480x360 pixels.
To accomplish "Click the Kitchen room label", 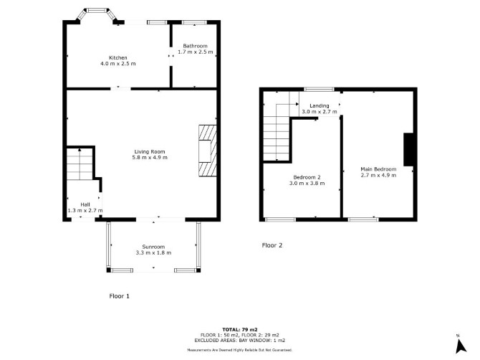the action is tap(118, 57).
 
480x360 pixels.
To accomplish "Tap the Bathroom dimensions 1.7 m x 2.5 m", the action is tap(196, 52).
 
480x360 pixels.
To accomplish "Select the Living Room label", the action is tap(150, 151).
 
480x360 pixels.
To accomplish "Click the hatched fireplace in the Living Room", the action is tap(208, 151).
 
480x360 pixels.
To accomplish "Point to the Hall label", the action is tap(85, 204).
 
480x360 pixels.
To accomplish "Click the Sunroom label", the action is tap(153, 247).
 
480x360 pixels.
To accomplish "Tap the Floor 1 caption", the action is tap(120, 296).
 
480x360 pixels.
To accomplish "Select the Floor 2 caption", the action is tap(272, 245).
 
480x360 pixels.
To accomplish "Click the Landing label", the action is tap(320, 105).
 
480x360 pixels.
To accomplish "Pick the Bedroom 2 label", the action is tap(307, 177).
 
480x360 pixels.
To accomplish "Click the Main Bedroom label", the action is tap(378, 169).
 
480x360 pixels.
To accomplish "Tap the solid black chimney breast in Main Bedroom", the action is tap(408, 149).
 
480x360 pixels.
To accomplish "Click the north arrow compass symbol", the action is tap(460, 346).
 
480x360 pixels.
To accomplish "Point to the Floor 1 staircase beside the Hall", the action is tap(80, 164).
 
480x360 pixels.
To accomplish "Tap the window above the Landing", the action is tap(320, 89).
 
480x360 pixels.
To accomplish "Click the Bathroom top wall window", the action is tap(194, 22).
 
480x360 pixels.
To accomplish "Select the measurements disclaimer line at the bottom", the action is tap(240, 349).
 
